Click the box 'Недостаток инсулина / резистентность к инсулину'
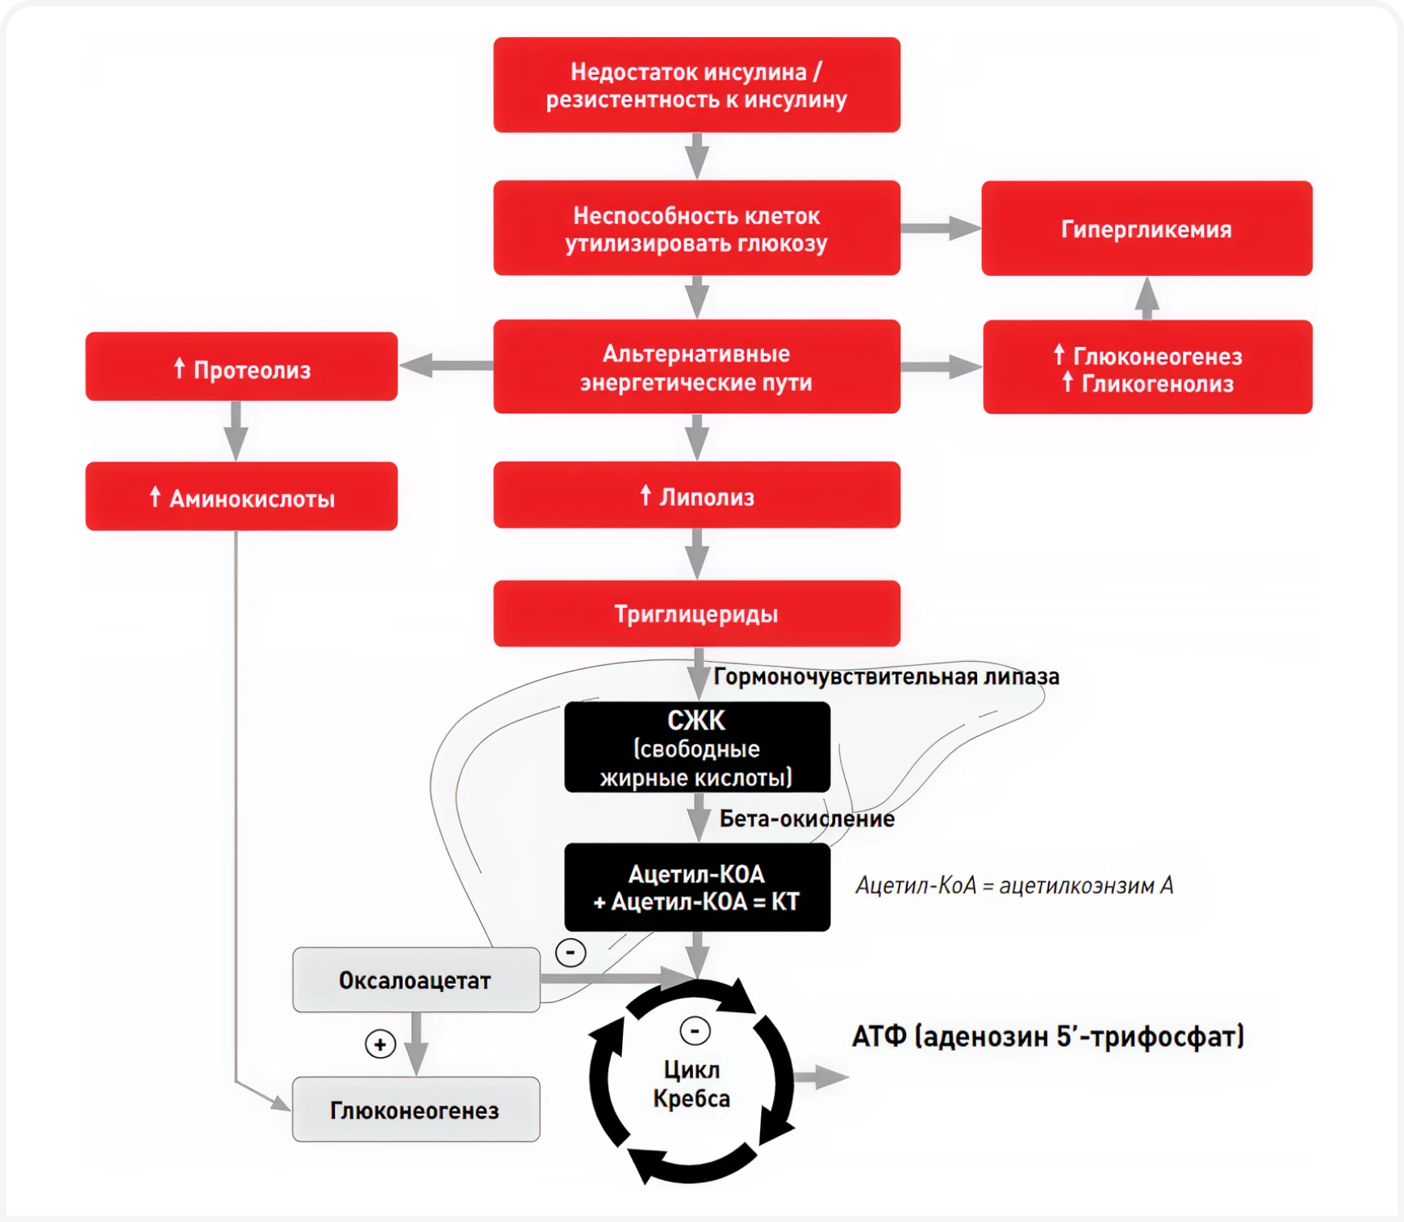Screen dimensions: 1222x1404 pos(696,85)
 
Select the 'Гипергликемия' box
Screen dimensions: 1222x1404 pos(1146,228)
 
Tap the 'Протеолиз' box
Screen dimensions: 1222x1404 pos(241,367)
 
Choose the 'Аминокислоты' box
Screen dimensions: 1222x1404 pos(241,496)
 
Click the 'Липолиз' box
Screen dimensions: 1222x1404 pos(696,495)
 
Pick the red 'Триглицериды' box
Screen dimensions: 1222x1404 pos(696,613)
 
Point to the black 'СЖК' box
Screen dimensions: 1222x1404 pos(696,747)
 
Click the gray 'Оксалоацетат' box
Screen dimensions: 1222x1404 pos(416,980)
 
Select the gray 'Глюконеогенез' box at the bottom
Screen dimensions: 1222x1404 pos(416,1110)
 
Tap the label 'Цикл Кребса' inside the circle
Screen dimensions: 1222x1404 pos(692,1084)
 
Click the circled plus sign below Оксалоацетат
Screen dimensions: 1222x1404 pos(380,1044)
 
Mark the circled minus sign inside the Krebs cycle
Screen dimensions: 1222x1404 pos(695,1031)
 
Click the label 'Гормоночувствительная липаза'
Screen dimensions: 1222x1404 pos(886,676)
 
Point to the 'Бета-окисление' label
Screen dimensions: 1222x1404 pos(807,818)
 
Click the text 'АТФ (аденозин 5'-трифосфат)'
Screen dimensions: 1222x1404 pos(1047,1036)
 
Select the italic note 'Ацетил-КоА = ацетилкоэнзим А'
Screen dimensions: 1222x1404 pos(1013,885)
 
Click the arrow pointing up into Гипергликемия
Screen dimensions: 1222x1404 pos(1147,297)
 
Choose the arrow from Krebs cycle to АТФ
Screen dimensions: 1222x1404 pos(821,1077)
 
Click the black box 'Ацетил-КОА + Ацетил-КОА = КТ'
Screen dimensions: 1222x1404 pos(696,887)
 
